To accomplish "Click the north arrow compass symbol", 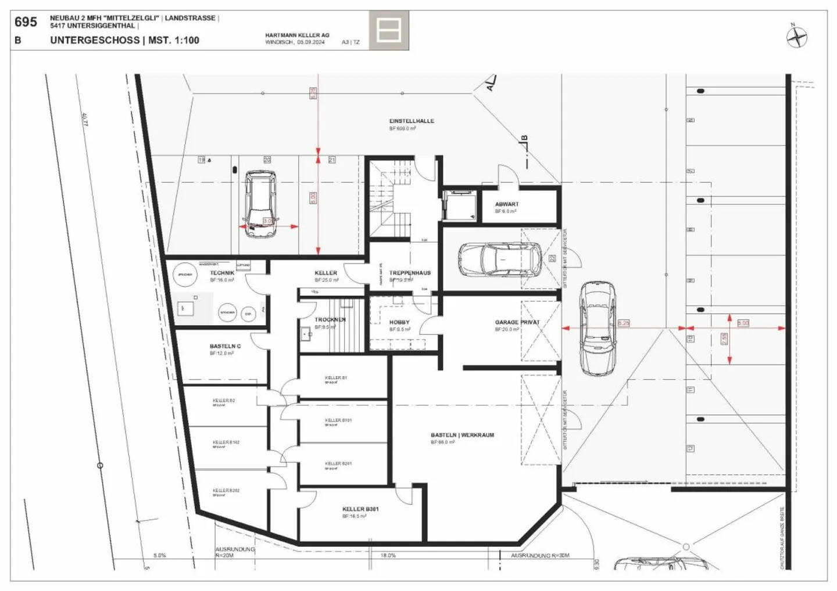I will [x=797, y=37].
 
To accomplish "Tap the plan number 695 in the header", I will [x=26, y=22].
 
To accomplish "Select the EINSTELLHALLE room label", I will [x=412, y=121].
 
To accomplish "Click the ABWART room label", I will [x=507, y=204].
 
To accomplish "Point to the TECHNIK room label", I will [x=222, y=273].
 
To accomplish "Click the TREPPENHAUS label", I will [x=410, y=273].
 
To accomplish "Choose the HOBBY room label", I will [x=399, y=322].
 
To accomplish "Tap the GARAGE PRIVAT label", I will [x=517, y=322].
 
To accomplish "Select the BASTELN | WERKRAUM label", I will [x=462, y=435].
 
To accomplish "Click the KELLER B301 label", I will [x=360, y=509].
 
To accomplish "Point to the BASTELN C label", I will [x=225, y=347].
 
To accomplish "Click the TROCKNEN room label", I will [x=330, y=320].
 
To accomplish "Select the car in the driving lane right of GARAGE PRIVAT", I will [x=598, y=329].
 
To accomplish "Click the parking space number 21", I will [x=332, y=160].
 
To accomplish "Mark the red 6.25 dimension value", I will [x=623, y=323].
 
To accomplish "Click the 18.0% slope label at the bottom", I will [x=388, y=556].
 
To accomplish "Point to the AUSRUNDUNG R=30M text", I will [x=540, y=556].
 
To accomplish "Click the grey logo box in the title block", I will [x=388, y=30].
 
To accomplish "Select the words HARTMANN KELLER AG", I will [x=297, y=35].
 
